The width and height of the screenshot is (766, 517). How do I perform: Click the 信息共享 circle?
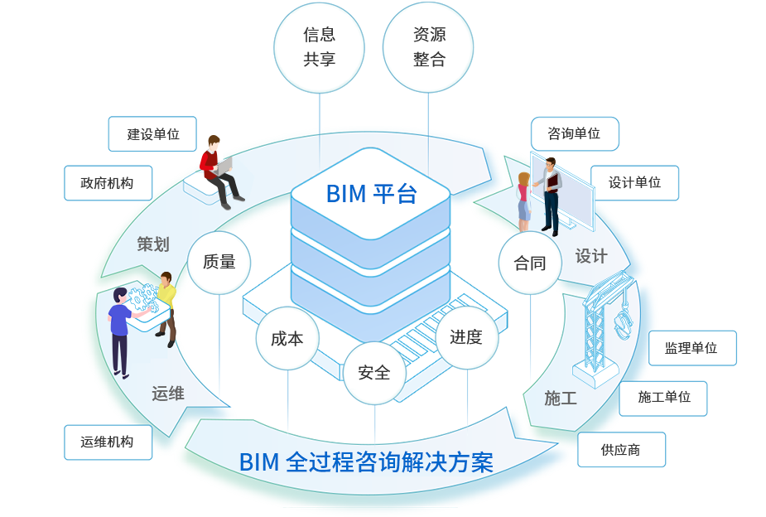click(319, 46)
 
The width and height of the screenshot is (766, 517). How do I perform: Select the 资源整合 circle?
click(428, 46)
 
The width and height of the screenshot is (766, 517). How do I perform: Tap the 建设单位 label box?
click(152, 134)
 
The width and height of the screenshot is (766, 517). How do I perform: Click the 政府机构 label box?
click(108, 183)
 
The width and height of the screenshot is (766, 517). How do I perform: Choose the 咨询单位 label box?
click(574, 133)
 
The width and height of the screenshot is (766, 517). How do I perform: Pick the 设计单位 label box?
click(634, 183)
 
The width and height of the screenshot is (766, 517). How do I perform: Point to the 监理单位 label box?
click(691, 348)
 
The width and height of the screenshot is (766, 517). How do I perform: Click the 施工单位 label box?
click(663, 398)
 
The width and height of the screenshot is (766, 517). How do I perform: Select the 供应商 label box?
click(621, 450)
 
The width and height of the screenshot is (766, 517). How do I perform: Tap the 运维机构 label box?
click(108, 442)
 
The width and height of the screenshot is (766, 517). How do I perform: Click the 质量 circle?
click(219, 262)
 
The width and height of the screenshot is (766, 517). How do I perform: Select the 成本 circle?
click(287, 338)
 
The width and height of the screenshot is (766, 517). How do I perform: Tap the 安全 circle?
click(374, 373)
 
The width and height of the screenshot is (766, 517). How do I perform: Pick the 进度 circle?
click(466, 337)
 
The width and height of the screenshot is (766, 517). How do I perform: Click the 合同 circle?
click(530, 263)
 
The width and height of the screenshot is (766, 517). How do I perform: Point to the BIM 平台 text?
click(371, 193)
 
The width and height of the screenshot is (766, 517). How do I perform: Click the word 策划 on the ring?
click(153, 244)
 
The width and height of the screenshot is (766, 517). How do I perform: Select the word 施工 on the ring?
click(561, 399)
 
